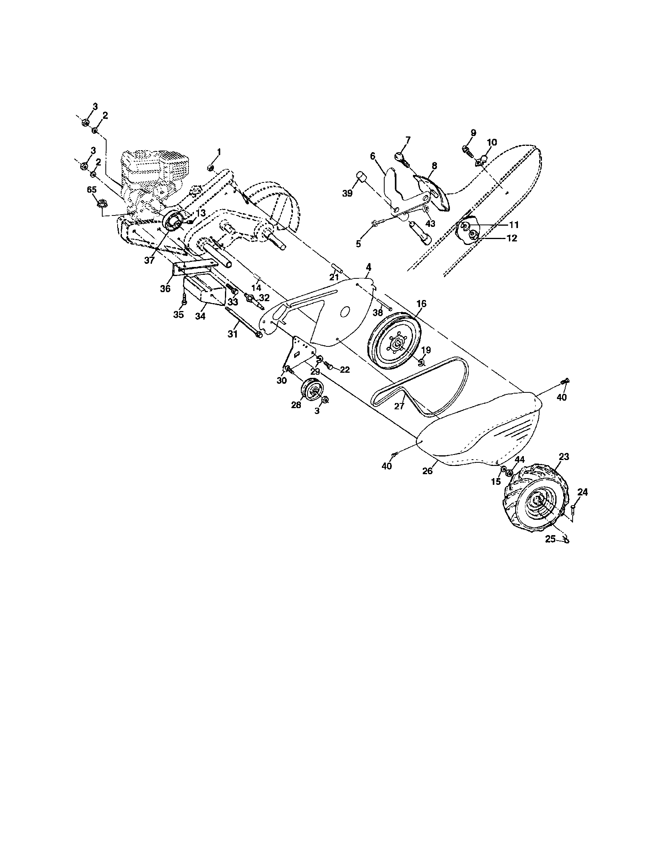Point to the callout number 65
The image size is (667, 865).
point(92,190)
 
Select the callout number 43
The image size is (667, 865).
point(430,224)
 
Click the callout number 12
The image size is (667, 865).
point(511,238)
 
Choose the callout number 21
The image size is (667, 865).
point(334,277)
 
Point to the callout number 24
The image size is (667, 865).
point(582,492)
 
